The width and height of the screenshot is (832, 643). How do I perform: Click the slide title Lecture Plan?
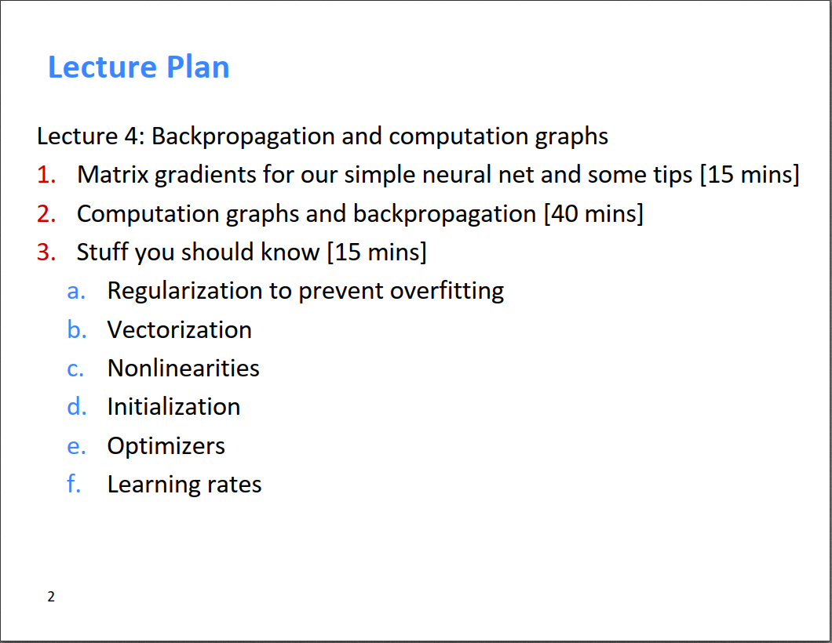point(138,67)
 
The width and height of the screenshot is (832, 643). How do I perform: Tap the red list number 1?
point(46,174)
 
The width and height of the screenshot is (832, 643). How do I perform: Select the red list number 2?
point(46,213)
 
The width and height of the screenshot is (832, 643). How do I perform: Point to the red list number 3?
point(46,252)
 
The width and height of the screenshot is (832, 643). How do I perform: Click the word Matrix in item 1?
point(112,174)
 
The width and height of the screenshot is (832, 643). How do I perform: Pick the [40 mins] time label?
point(593,213)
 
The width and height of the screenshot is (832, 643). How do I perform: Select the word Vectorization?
point(179,329)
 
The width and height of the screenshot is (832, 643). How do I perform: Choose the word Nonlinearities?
point(183,369)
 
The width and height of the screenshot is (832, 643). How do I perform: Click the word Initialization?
point(173,407)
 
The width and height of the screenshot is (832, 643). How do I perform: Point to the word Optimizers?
point(166,446)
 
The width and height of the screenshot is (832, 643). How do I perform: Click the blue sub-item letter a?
point(76,292)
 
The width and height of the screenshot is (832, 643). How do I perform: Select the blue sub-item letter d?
point(76,407)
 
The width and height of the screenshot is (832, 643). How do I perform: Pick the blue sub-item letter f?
point(74,484)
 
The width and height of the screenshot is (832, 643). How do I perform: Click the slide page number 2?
point(51,597)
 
